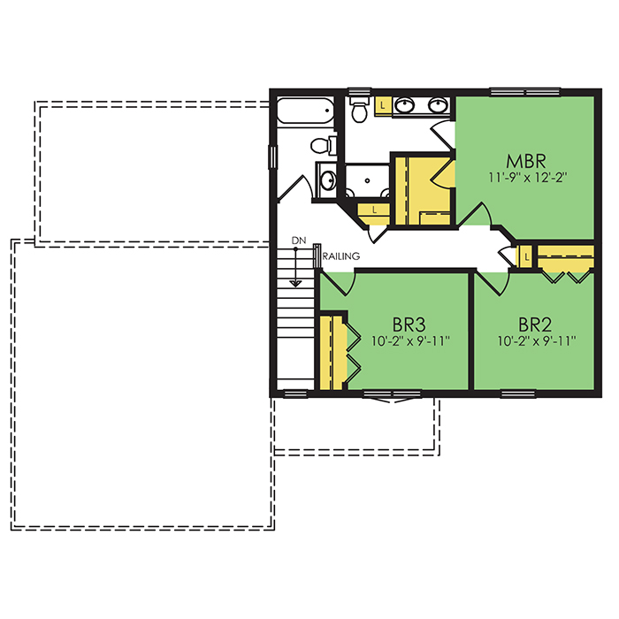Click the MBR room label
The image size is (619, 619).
coord(526,161)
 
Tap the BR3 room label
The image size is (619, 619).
coord(409,325)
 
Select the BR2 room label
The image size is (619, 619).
coord(535,325)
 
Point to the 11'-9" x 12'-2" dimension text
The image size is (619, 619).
coord(528,177)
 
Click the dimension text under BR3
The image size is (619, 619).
coord(410,340)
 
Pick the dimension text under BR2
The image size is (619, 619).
coord(537,340)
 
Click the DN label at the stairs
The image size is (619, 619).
coord(299,241)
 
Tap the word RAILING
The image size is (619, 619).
coord(341,256)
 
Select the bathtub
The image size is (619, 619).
coord(305,111)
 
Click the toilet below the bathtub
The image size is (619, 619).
coord(324,145)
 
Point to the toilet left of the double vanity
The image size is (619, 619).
coord(359,109)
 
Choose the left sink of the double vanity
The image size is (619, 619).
coord(405,105)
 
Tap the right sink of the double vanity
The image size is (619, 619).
coord(437,105)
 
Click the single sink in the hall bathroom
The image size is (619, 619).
coord(328,180)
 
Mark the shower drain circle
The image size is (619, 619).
coord(367,180)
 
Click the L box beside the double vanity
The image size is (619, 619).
coord(383,105)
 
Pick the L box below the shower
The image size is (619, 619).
coord(374,210)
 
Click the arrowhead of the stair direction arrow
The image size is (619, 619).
coord(295,284)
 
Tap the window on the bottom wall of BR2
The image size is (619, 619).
coord(518,394)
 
